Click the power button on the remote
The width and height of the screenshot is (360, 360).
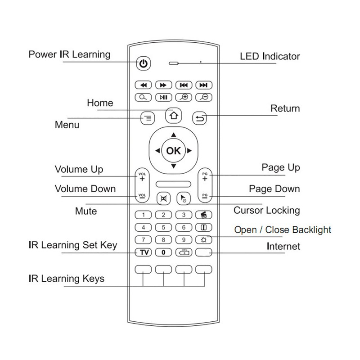pyautogui.click(x=143, y=64)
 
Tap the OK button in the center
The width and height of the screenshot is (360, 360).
pyautogui.click(x=173, y=151)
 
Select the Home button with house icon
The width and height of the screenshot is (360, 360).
pyautogui.click(x=173, y=116)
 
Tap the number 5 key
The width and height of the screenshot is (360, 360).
pyautogui.click(x=163, y=227)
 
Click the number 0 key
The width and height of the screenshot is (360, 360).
pyautogui.click(x=163, y=252)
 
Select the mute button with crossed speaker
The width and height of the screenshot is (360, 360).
pyautogui.click(x=162, y=198)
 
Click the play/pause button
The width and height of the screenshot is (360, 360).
pyautogui.click(x=163, y=97)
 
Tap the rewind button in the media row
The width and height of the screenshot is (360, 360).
pyautogui.click(x=143, y=85)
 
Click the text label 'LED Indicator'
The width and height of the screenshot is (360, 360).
pyautogui.click(x=270, y=56)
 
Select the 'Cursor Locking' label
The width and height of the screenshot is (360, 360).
pyautogui.click(x=266, y=210)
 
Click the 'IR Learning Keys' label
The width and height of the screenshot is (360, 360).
pyautogui.click(x=66, y=279)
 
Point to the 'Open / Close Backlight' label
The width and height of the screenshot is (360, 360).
pyautogui.click(x=283, y=229)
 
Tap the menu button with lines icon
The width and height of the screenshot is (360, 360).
pyautogui.click(x=148, y=118)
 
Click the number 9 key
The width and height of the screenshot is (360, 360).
pyautogui.click(x=184, y=239)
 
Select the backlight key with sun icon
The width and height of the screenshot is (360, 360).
pyautogui.click(x=203, y=239)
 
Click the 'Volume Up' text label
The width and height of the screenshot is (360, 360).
pyautogui.click(x=79, y=169)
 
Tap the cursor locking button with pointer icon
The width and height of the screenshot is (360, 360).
pyautogui.click(x=184, y=198)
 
